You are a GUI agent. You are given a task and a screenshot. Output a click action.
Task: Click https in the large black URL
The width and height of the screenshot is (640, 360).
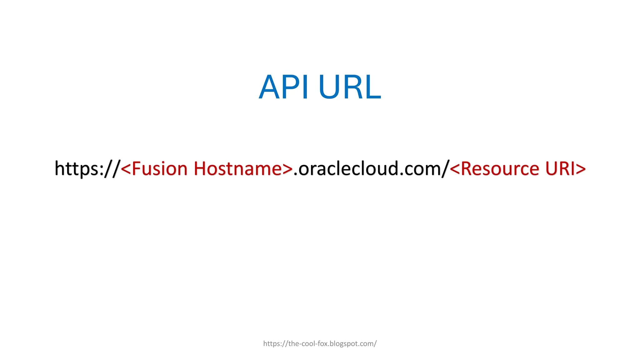tap(77, 169)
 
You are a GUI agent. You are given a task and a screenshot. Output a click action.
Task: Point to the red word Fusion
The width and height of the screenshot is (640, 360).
tap(159, 169)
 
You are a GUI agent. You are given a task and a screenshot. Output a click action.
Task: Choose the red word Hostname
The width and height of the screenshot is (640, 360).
tap(238, 169)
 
